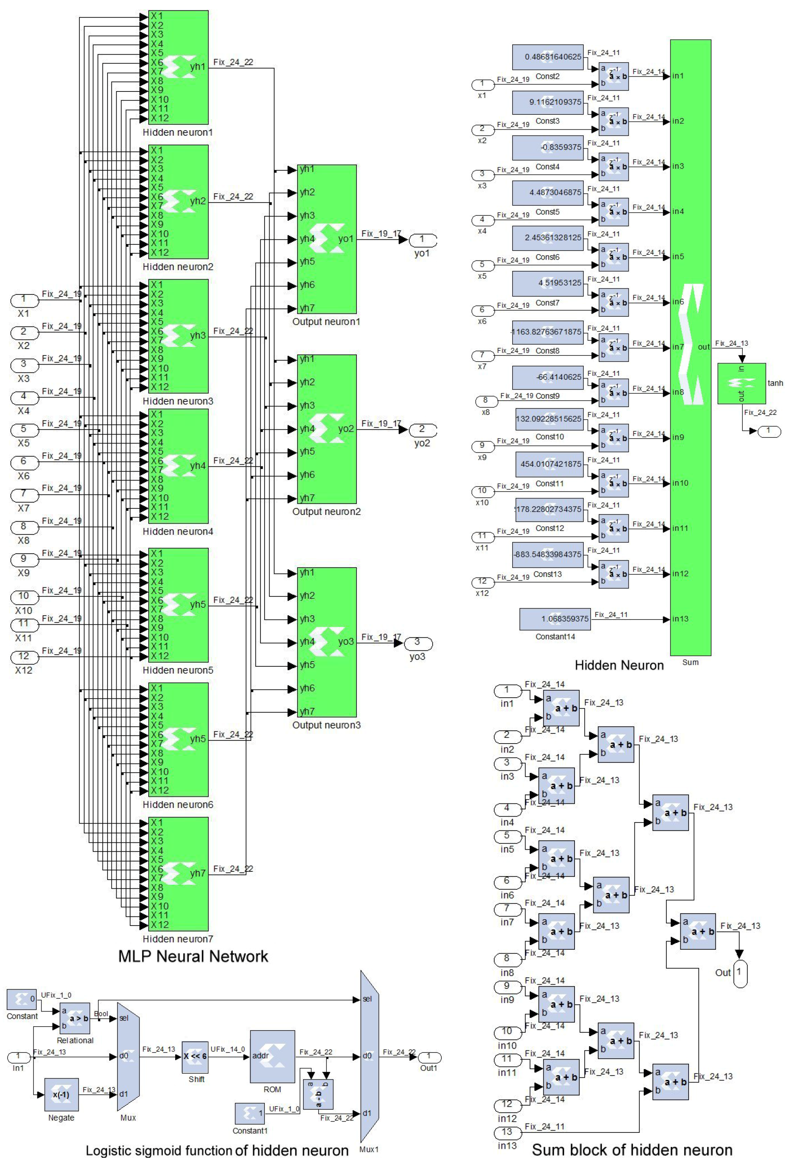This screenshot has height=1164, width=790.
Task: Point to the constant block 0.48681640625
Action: [548, 57]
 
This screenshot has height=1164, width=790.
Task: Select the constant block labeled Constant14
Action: [555, 619]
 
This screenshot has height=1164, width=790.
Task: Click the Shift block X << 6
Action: [195, 1057]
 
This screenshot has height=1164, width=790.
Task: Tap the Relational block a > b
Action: [75, 1018]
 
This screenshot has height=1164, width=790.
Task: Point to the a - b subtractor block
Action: [318, 1094]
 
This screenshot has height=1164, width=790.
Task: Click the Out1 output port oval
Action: [429, 1057]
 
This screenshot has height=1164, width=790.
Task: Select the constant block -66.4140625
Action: [548, 377]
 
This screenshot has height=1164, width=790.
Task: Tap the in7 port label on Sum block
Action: [678, 347]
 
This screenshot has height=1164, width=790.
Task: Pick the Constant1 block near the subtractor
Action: [250, 1113]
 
